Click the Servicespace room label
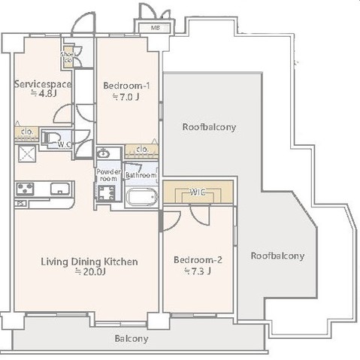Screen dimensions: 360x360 pos(43,84)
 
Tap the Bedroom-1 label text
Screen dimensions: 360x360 pos(126,84)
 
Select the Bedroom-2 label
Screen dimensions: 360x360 pos(198,260)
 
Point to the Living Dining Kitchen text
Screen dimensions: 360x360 pos(89,262)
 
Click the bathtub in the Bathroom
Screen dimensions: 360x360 pos(141,198)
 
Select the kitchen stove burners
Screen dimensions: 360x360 pos(25,189)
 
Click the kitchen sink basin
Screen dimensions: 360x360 pos(58,189)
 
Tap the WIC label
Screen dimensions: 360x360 pos(198,192)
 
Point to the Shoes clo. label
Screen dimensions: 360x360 pos(67,56)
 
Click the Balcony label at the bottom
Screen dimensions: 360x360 pos(131,338)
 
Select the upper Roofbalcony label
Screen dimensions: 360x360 pos(209,127)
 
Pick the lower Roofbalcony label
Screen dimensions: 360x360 pos(277,256)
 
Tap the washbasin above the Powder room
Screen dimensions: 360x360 pos(104,154)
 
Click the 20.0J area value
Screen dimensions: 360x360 pos(89,273)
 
